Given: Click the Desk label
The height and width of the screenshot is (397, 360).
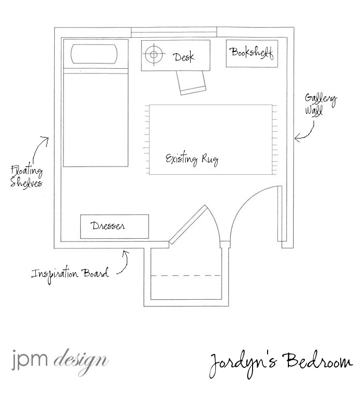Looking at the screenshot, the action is [184, 57].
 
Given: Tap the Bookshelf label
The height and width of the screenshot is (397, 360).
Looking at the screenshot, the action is [252, 53].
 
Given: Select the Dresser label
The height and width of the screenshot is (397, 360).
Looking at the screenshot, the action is [108, 226].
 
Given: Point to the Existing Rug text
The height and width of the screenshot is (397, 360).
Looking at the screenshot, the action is [192, 159].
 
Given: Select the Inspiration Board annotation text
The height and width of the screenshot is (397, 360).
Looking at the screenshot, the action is [70, 274].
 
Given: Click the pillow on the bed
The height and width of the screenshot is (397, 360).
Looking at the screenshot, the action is [94, 54].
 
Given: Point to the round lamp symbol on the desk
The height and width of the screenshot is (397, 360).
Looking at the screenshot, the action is [153, 54].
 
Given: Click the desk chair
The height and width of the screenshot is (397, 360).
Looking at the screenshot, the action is [192, 82].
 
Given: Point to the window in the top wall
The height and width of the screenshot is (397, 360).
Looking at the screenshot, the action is [174, 32].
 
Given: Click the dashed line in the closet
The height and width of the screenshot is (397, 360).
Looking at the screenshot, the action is [186, 275].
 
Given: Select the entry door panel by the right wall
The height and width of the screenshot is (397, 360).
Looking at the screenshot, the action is [280, 214].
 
